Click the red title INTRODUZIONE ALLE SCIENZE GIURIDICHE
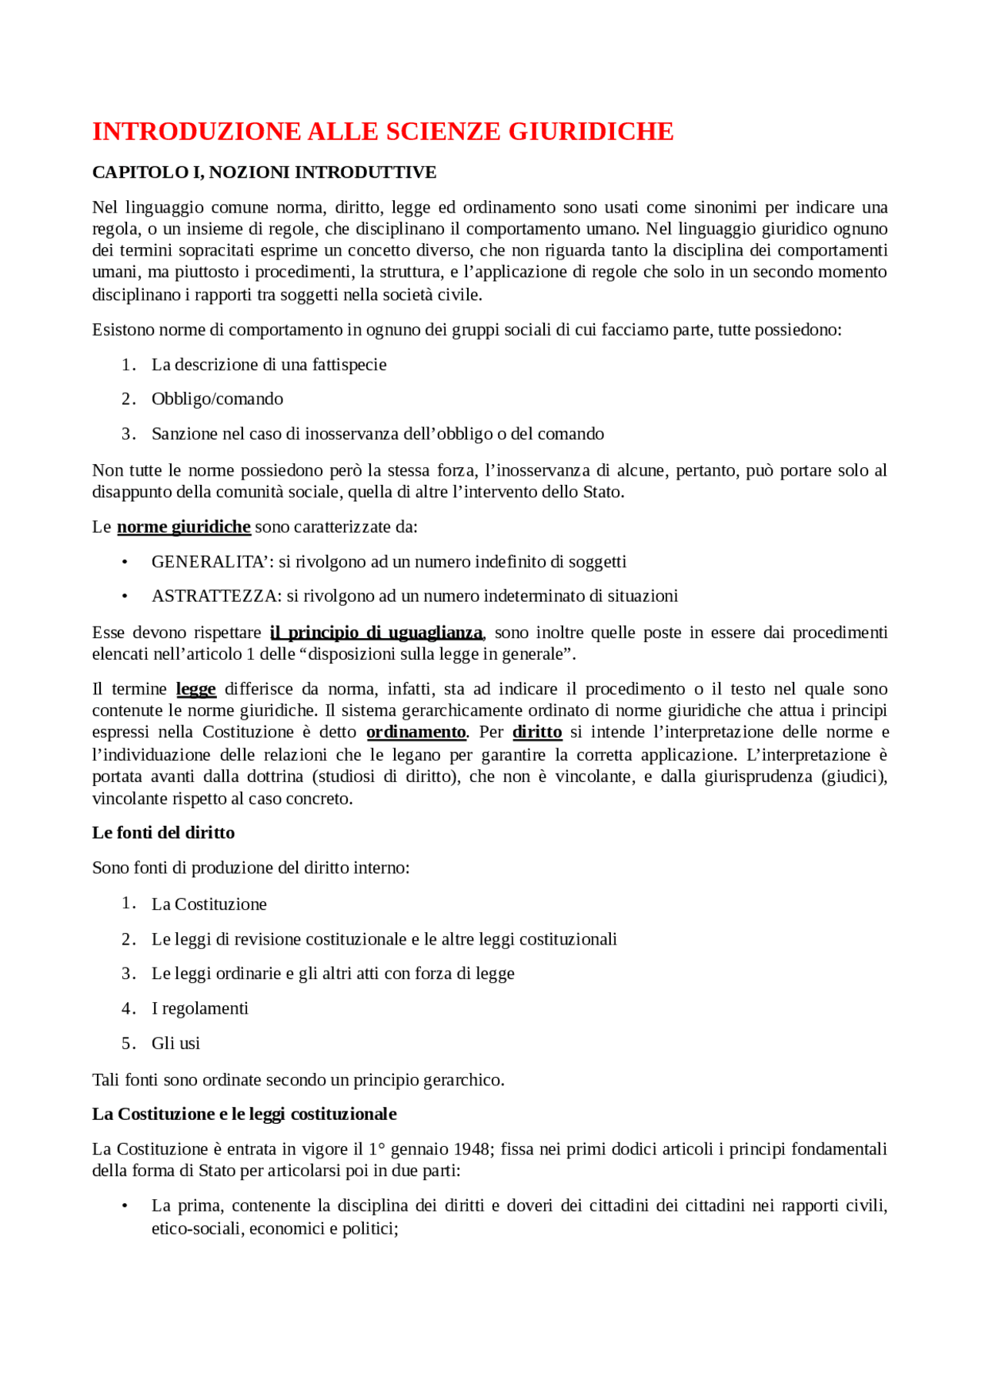click(x=382, y=132)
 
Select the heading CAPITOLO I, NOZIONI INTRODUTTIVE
click(x=264, y=172)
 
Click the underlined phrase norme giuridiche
click(x=183, y=527)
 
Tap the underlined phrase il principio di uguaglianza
click(x=376, y=633)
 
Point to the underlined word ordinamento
click(x=416, y=732)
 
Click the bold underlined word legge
click(x=196, y=689)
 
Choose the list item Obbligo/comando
click(x=217, y=399)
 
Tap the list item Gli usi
click(x=175, y=1044)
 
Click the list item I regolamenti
click(x=199, y=1009)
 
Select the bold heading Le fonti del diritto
click(x=163, y=833)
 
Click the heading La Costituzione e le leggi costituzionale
click(x=244, y=1115)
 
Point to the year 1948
click(x=471, y=1149)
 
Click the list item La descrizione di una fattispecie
click(x=269, y=365)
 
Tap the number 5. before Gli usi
click(x=129, y=1044)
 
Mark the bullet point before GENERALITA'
click(x=125, y=563)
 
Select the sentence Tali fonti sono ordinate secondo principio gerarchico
click(x=298, y=1080)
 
